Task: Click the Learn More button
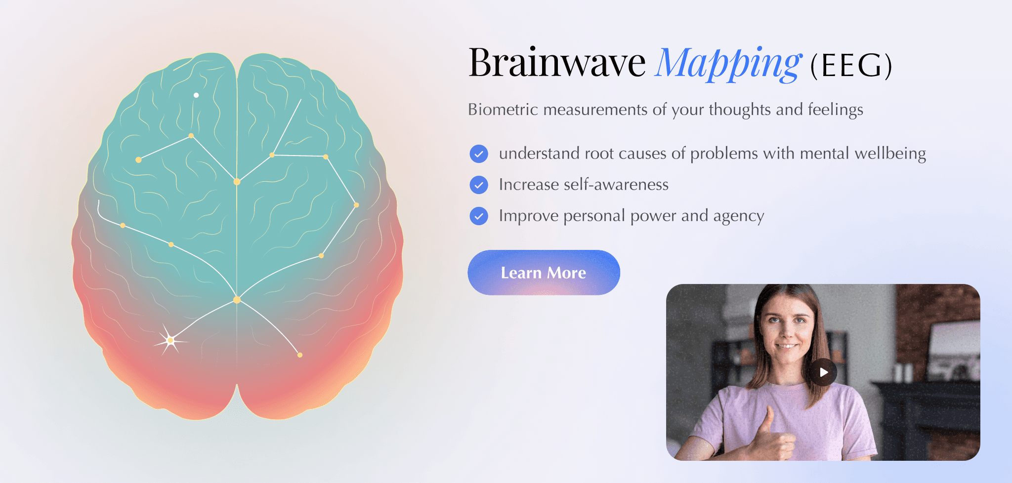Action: click(x=544, y=273)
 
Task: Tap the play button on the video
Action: click(x=823, y=372)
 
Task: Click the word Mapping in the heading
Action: click(x=727, y=64)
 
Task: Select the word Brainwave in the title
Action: click(x=557, y=63)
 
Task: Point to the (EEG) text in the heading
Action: click(x=851, y=66)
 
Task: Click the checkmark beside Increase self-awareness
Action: click(x=478, y=185)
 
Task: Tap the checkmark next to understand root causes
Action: click(x=478, y=154)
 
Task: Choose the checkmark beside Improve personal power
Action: click(x=478, y=216)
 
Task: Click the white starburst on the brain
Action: click(x=170, y=340)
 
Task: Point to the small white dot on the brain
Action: click(x=196, y=95)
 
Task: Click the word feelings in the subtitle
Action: click(x=835, y=110)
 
